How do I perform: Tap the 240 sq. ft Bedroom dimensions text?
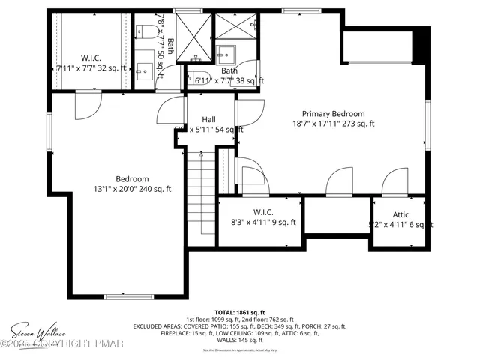click(x=132, y=189)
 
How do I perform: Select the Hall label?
click(x=209, y=119)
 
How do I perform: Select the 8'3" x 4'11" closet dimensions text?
click(x=264, y=223)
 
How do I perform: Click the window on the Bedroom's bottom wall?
click(x=124, y=295)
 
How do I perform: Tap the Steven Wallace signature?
click(x=37, y=331)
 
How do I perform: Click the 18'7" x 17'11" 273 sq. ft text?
click(x=333, y=124)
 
